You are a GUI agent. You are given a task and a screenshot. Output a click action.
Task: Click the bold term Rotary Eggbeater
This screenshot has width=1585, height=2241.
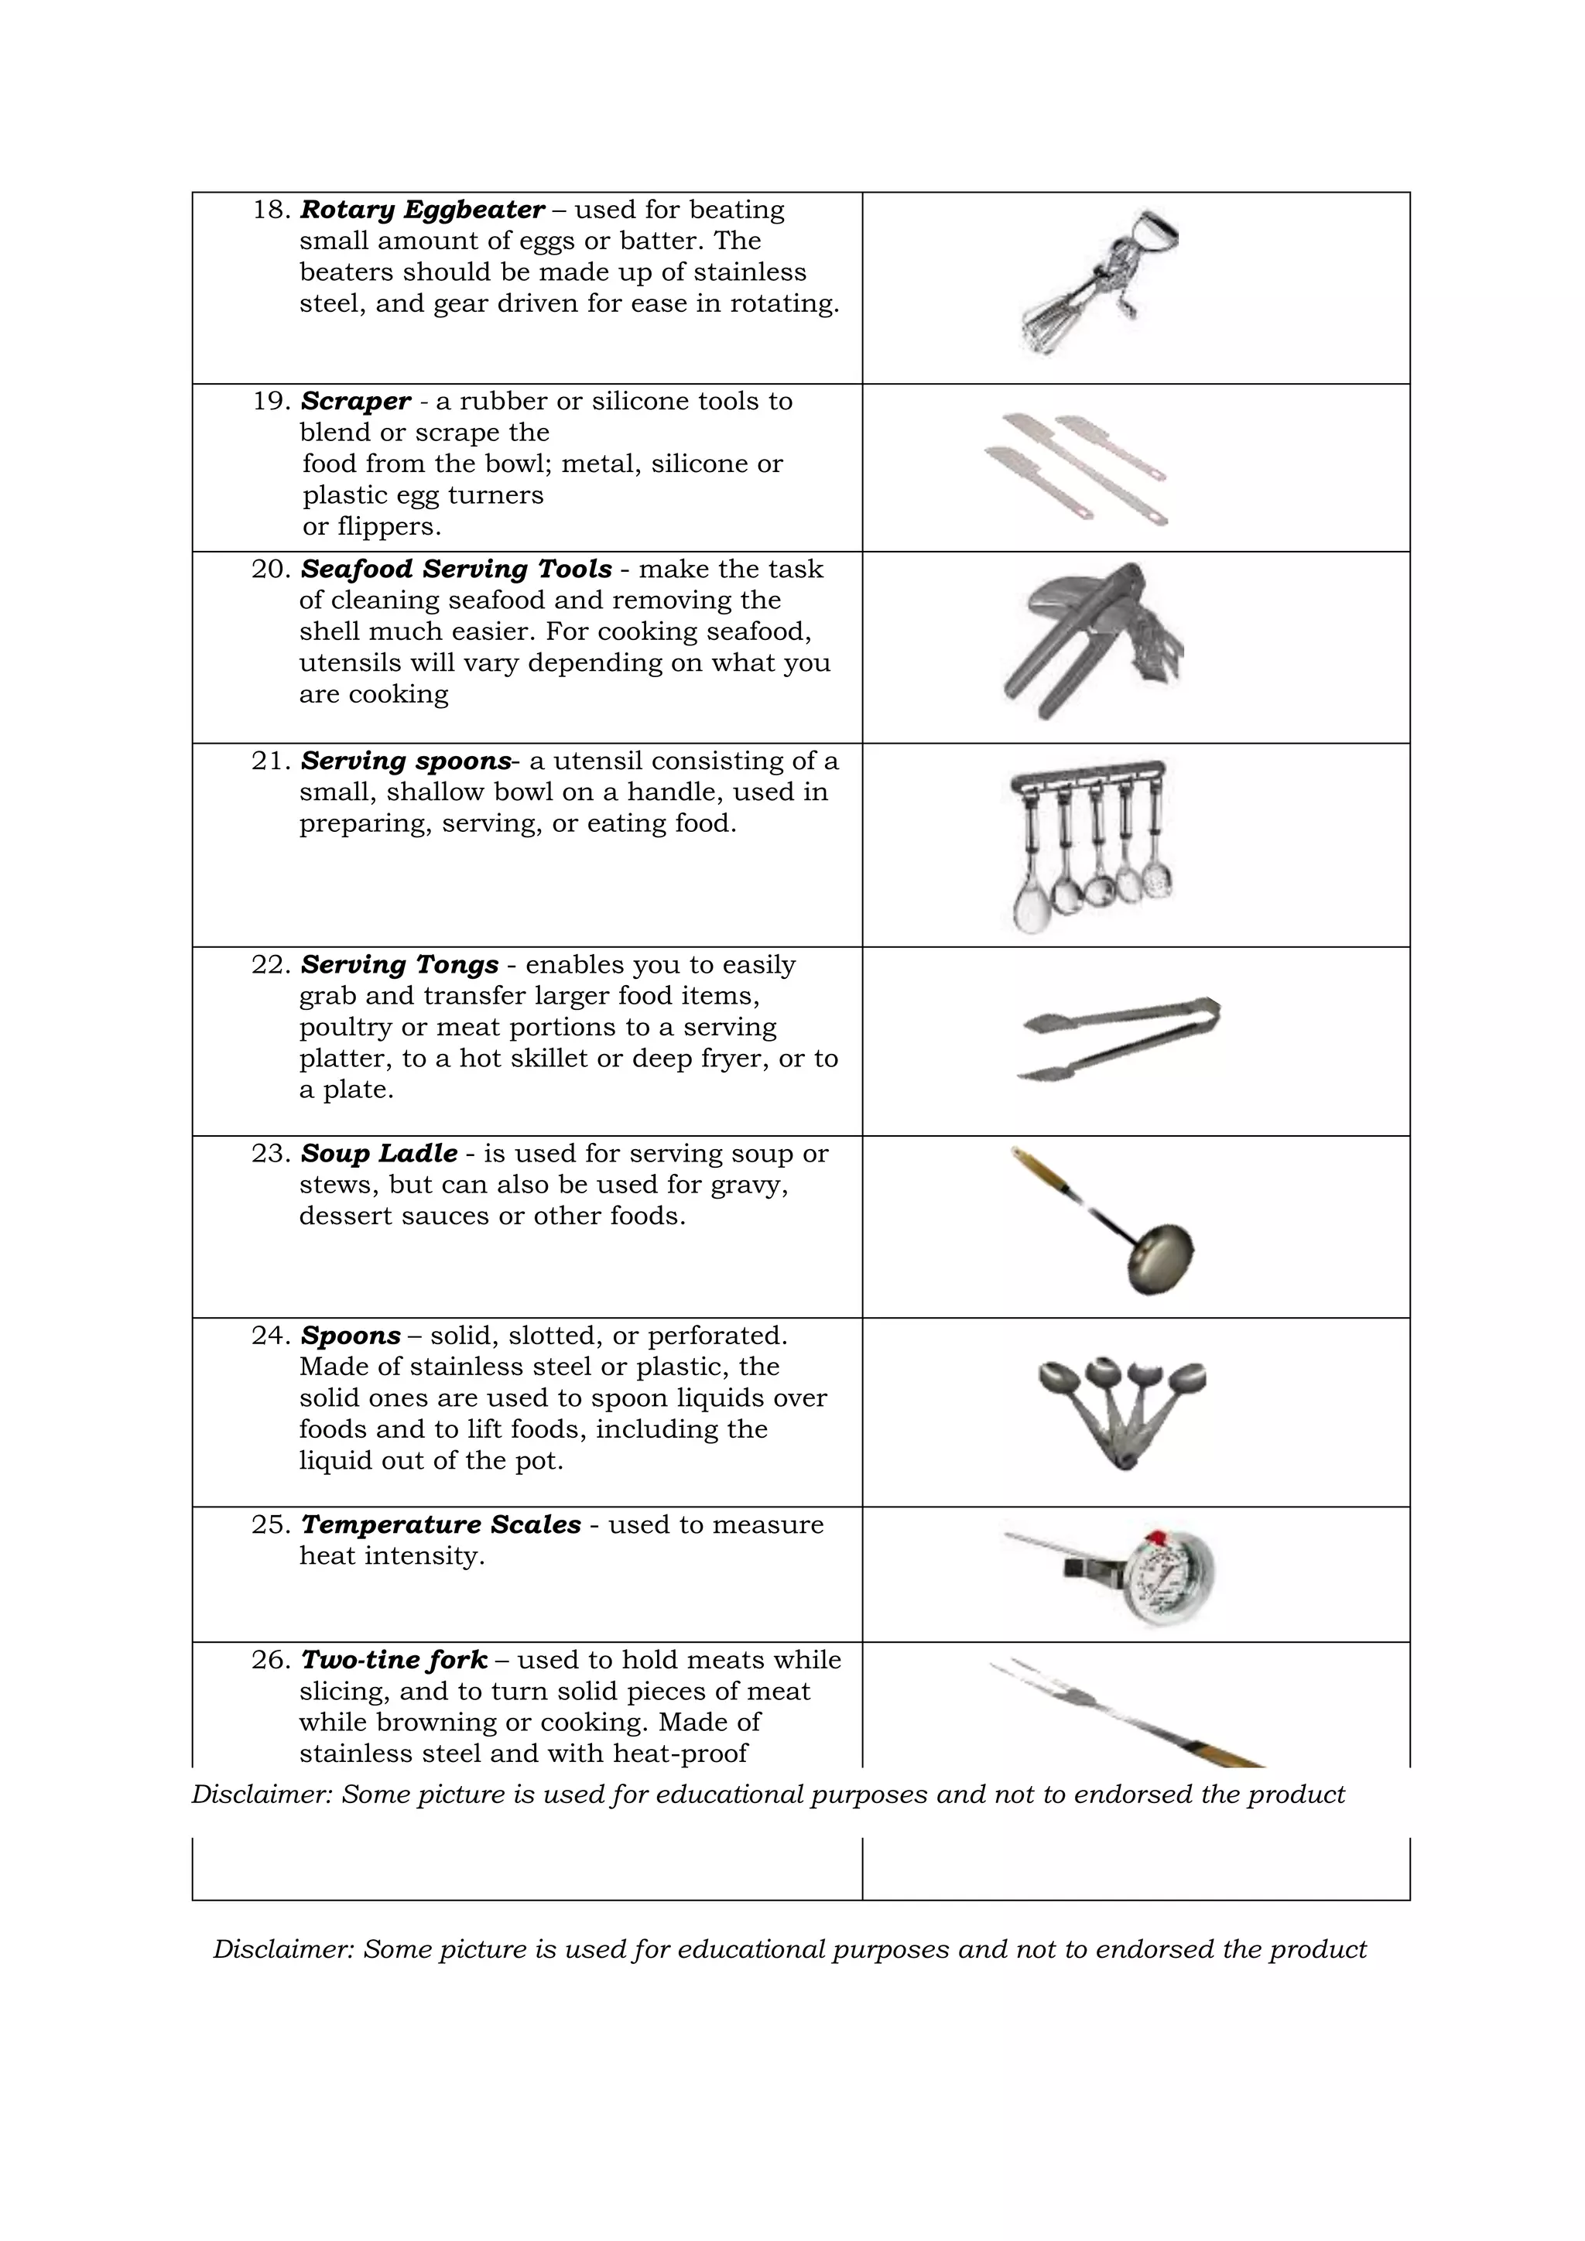(x=422, y=210)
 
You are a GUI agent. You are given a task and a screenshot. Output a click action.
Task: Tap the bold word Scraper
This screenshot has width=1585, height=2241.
(x=355, y=401)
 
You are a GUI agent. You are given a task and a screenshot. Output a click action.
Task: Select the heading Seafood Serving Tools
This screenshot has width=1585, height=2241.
(x=456, y=569)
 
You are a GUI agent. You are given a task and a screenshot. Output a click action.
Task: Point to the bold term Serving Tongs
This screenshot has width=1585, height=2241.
(x=399, y=964)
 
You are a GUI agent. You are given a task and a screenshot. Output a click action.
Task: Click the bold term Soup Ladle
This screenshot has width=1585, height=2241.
(x=378, y=1154)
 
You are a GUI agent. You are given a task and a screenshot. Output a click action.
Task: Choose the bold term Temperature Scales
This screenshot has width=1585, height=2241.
(x=440, y=1524)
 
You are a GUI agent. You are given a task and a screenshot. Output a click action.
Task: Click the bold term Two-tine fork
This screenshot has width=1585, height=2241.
(x=393, y=1661)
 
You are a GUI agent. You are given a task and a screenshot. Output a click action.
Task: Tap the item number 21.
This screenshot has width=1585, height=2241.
(x=272, y=761)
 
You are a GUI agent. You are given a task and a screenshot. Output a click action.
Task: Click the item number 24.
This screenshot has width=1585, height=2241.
(x=272, y=1335)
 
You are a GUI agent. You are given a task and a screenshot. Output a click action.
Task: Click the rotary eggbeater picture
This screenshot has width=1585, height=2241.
(x=1098, y=283)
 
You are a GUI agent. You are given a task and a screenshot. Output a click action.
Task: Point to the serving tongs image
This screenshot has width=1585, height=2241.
(x=1118, y=1038)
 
